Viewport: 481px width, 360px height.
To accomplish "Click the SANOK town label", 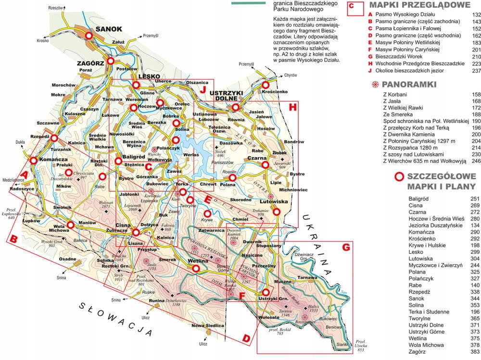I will point(109,29).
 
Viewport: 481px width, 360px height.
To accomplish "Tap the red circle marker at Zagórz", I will point(111,61).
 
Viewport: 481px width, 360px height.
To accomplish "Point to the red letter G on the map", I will point(345,248).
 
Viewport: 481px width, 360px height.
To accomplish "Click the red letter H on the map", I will point(292,107).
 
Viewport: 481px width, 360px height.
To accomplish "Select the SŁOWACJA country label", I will point(116,319).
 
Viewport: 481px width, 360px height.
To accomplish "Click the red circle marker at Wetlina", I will point(196,270).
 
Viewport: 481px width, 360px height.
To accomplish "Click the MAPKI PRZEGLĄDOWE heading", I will point(419,5).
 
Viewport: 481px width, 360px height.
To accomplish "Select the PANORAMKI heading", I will point(409,85).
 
